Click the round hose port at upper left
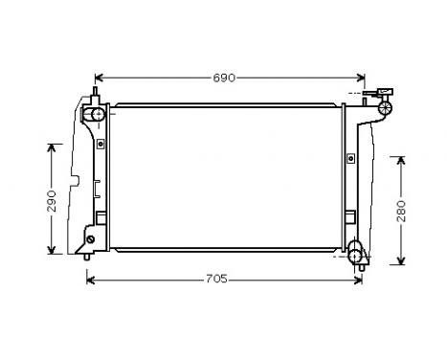coord(96,116)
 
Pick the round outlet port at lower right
coord(356,252)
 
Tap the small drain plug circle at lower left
coord(91,240)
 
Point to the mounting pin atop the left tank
coord(95,94)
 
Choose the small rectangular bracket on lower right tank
coord(350,217)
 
